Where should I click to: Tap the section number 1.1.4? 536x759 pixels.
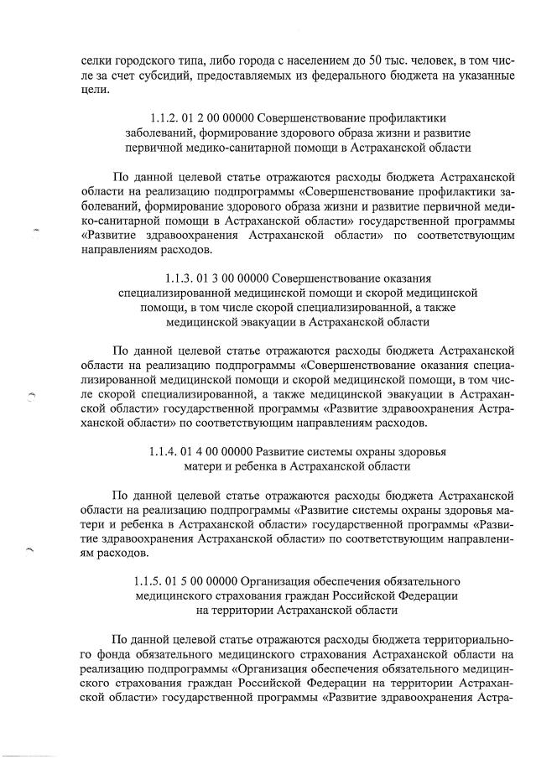tap(166, 451)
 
